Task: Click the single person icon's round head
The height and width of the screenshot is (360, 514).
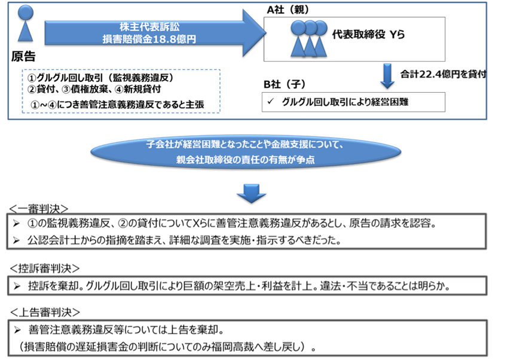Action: (25, 11)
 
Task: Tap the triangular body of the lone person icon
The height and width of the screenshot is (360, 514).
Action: (25, 31)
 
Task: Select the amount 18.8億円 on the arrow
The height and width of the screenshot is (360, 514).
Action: (176, 39)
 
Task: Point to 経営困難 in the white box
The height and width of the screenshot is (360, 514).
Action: (388, 102)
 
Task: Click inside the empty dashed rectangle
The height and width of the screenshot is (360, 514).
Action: (121, 90)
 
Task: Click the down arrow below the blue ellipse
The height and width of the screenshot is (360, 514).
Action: (251, 192)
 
